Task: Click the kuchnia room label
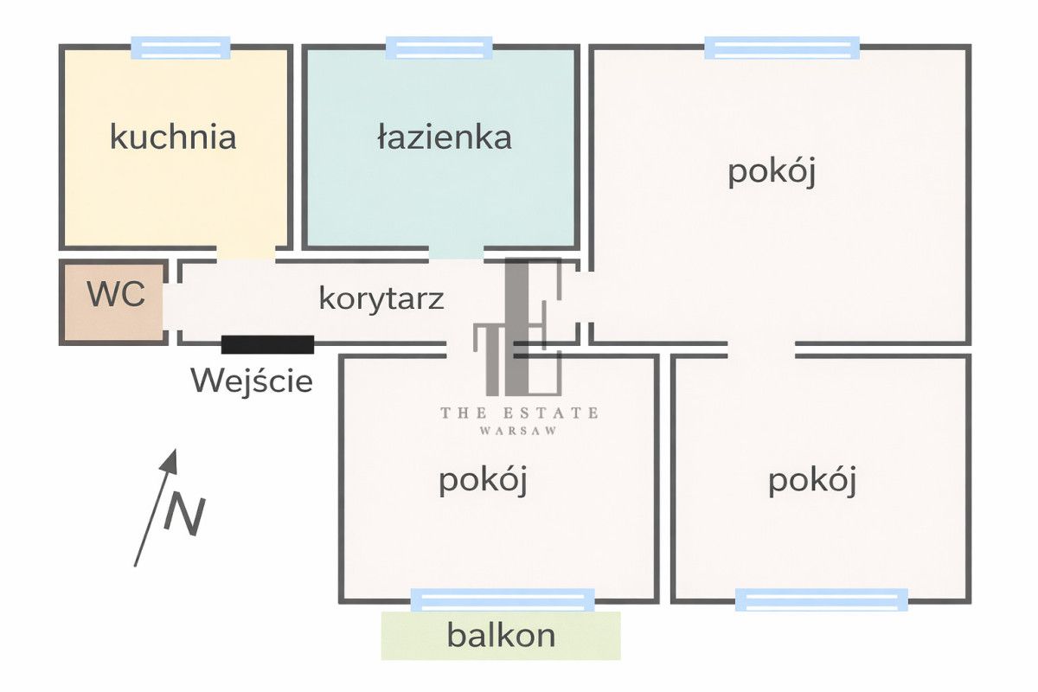coord(173,137)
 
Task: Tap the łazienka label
coord(445,137)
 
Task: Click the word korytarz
coord(381,298)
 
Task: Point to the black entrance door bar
coord(267,344)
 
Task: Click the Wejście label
coord(252,381)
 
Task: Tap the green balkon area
coord(501,636)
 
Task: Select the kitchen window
coord(181,48)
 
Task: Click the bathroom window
coord(439,48)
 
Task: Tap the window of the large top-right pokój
coord(782,48)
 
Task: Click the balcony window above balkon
coord(503,599)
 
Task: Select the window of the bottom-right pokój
coord(822,599)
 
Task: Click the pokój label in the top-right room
coord(772,171)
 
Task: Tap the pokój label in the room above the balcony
coord(483,480)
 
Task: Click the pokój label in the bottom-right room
coord(812,480)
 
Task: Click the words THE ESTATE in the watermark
coord(519,413)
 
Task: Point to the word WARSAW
coord(519,430)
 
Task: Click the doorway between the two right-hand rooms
coord(761,349)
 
